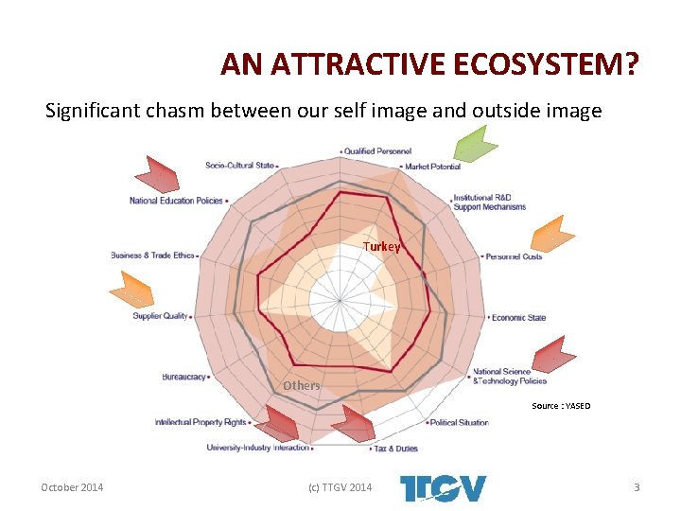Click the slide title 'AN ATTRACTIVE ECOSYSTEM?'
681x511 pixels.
429,64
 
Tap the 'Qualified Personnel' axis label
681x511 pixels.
377,151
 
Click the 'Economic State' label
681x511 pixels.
518,318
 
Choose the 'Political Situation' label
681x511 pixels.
460,423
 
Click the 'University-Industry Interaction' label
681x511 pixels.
257,448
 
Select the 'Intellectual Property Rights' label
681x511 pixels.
201,422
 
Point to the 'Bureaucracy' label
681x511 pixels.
184,377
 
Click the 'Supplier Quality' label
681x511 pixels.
160,316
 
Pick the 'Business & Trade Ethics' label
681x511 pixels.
152,255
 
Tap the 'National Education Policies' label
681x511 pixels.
176,201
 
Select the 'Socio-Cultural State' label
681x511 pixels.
239,166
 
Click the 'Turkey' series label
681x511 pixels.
382,247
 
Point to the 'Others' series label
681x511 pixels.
302,385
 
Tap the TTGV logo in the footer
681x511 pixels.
444,488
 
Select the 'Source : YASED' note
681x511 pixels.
561,406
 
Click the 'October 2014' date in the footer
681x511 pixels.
72,487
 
